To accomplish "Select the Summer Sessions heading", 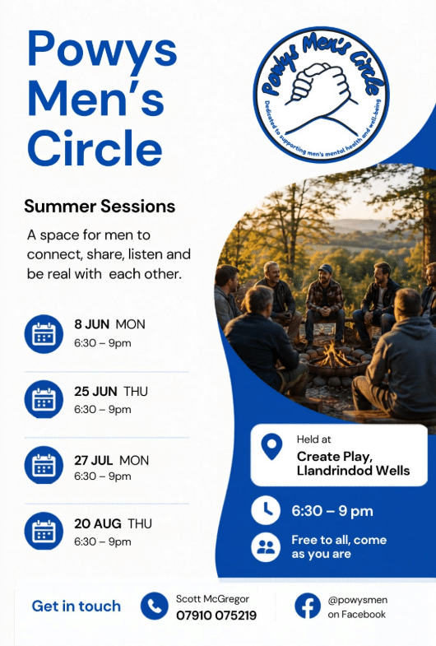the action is tap(100, 206).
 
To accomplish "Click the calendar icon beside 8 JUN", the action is tap(44, 334).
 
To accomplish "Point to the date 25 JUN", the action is tap(95, 391).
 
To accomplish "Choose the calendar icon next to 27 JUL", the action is tap(44, 465).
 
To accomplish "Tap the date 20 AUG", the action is tap(98, 523).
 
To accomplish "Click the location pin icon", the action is tap(271, 446).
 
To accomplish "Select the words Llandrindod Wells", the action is tap(353, 471).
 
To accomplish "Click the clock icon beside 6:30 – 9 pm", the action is tap(266, 510).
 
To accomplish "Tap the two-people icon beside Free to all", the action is tap(266, 547).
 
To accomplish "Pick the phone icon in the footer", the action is tap(155, 606).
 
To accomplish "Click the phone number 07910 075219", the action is tap(216, 615).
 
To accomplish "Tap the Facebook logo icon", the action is tap(307, 606).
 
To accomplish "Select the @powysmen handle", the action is tap(357, 600).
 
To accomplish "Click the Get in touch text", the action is tap(77, 606).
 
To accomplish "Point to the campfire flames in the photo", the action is tap(332, 355).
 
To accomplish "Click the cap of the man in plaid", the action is tap(325, 268).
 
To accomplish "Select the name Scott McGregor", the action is tap(212, 598).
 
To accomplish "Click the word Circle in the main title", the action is tap(95, 147).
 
